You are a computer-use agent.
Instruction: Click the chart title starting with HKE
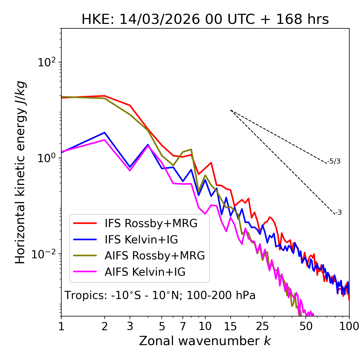point(205,20)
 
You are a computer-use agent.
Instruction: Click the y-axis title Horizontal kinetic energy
point(20,172)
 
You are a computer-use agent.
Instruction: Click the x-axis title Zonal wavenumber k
point(205,341)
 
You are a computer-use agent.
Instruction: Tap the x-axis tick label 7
point(183,326)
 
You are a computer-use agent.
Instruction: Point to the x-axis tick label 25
point(262,326)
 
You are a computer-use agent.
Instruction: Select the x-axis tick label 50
point(306,326)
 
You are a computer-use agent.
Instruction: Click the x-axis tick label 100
point(349,326)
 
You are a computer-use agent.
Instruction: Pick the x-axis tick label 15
point(230,326)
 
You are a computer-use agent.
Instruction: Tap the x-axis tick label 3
point(130,326)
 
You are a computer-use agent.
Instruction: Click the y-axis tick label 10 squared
point(46,62)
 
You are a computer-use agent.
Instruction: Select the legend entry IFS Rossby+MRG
point(151,223)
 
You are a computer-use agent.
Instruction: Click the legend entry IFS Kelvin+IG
point(141,239)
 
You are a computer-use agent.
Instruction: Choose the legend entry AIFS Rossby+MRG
point(155,256)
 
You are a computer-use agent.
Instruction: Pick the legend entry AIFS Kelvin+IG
point(145,272)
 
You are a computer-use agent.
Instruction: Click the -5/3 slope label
point(334,162)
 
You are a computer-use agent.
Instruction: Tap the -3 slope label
point(338,213)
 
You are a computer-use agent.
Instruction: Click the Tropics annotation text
point(160,296)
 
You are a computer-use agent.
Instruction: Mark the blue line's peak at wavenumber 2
point(105,133)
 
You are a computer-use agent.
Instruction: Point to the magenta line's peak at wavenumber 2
point(105,140)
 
